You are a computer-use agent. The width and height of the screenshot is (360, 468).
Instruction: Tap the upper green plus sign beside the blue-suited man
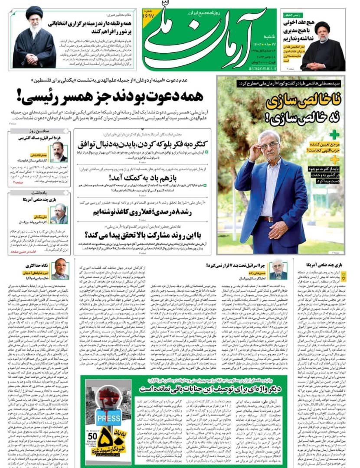pos(334,134)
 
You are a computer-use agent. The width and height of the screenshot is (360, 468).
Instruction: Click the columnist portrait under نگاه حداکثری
pos(61,270)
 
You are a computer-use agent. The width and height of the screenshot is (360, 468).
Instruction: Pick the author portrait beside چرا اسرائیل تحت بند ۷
pos(278,270)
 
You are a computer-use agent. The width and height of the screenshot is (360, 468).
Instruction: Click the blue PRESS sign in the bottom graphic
pos(108,418)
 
